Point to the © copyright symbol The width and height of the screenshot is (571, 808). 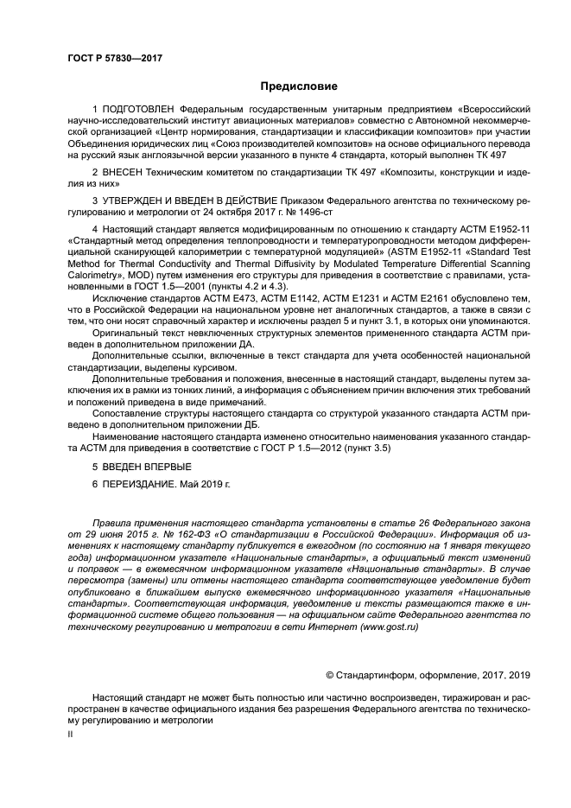(329, 674)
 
